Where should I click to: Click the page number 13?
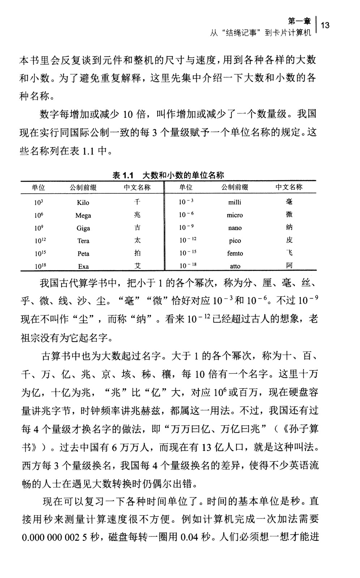[x=325, y=25]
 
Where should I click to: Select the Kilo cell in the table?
[x=83, y=203]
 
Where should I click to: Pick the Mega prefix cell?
[x=83, y=215]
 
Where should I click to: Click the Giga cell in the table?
[x=83, y=228]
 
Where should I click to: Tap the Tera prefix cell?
[x=83, y=241]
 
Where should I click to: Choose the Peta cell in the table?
[x=83, y=254]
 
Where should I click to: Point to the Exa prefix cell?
[x=83, y=267]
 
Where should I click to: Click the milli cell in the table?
[x=235, y=202]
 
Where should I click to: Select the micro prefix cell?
[x=235, y=215]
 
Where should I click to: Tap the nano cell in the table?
[x=235, y=228]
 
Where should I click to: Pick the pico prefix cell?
[x=235, y=241]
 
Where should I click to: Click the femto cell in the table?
[x=235, y=254]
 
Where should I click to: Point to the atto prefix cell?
[x=235, y=266]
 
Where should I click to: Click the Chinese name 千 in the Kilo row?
[x=137, y=202]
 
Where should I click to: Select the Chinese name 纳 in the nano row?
[x=289, y=228]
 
